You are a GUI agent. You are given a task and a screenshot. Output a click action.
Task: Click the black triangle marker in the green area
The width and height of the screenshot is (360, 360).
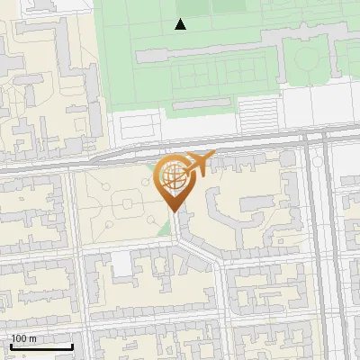(181, 25)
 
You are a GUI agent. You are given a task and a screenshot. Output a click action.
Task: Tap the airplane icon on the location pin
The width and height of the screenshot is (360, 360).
(198, 165)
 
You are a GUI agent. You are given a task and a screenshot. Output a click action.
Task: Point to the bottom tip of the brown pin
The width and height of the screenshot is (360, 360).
(174, 210)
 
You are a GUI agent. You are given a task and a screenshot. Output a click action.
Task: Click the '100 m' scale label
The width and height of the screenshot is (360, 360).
(23, 338)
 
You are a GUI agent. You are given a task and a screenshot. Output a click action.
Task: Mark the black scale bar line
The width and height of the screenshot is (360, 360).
(40, 346)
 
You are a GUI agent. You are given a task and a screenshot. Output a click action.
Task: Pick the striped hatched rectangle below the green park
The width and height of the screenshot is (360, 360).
(257, 114)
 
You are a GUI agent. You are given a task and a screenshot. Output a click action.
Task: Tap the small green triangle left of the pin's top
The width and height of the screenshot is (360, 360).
(151, 166)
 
